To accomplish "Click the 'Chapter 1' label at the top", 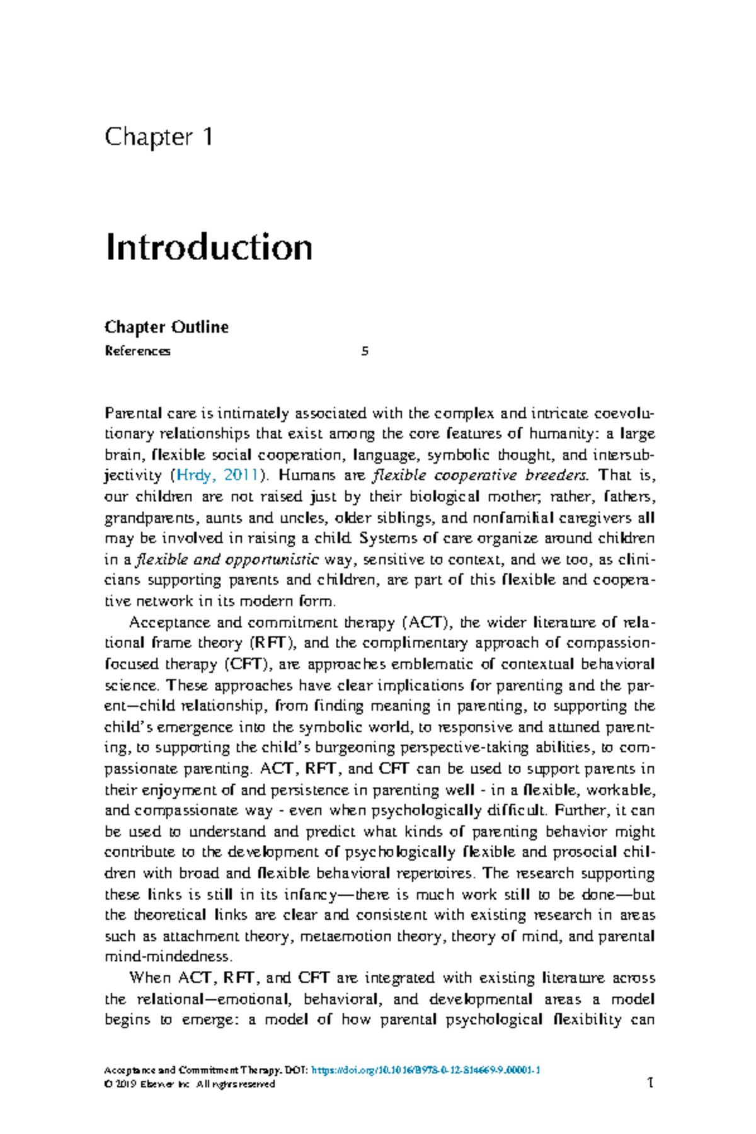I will pyautogui.click(x=159, y=137).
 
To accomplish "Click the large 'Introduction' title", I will pyautogui.click(x=209, y=247).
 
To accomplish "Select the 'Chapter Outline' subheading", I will pyautogui.click(x=166, y=327).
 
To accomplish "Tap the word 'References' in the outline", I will pyautogui.click(x=137, y=352).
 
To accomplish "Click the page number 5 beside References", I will pyautogui.click(x=365, y=352).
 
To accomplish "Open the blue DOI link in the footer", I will pyautogui.click(x=426, y=1070).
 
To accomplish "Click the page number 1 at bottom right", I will pyautogui.click(x=650, y=1083).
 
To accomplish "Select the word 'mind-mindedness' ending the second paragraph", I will pyautogui.click(x=168, y=956).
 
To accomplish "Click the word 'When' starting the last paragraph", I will pyautogui.click(x=149, y=978).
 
